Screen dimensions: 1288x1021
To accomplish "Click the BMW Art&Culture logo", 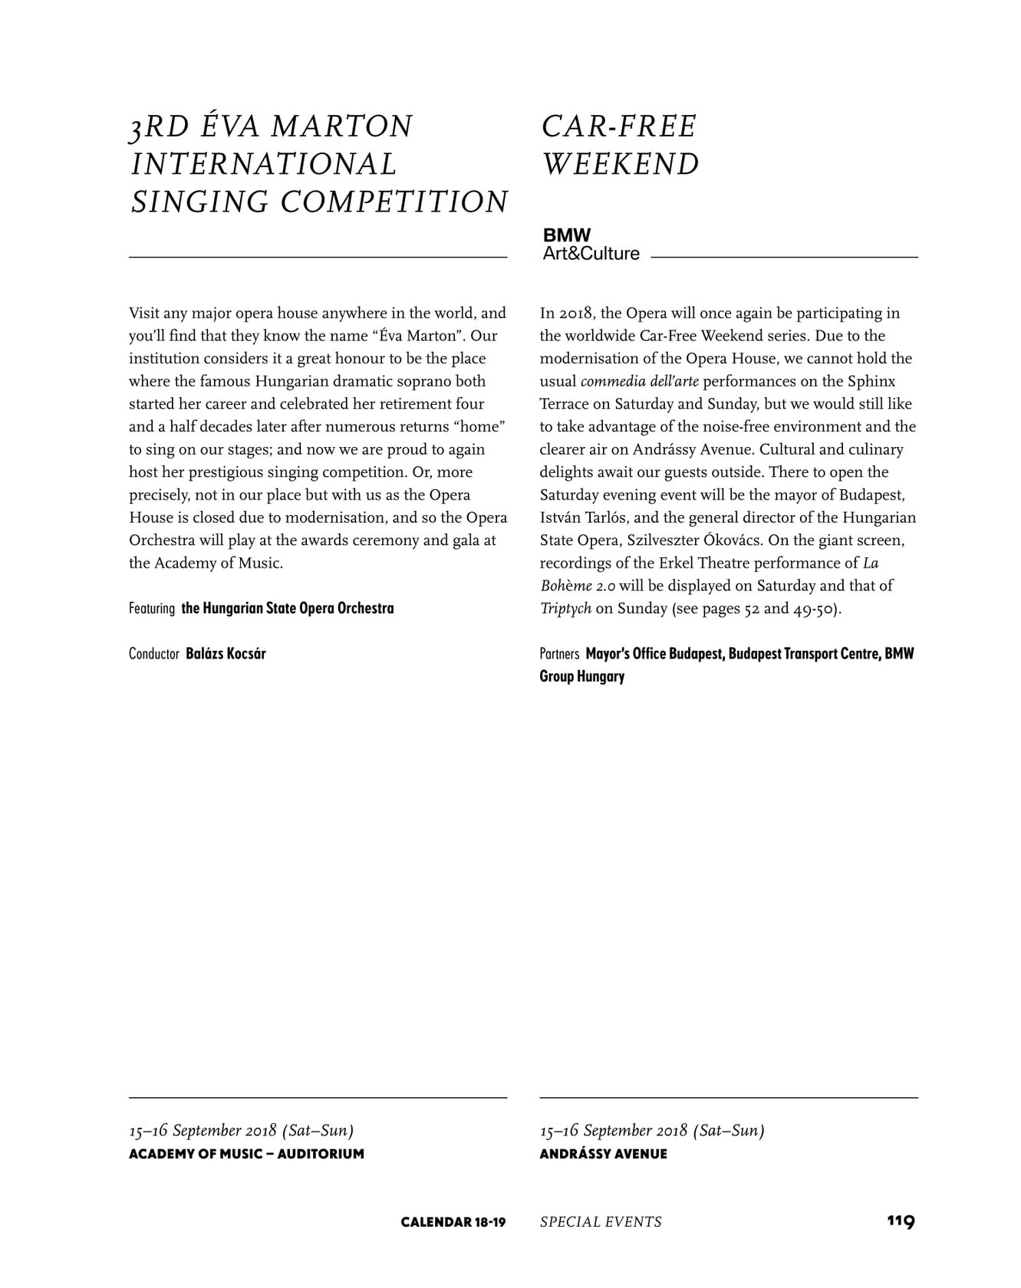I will tap(591, 245).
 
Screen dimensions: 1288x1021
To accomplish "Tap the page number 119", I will tap(901, 1221).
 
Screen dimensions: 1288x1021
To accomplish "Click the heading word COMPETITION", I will tap(394, 202).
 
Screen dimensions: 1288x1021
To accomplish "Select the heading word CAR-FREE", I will tap(619, 127).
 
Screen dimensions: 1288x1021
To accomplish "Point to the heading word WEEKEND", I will tap(621, 164).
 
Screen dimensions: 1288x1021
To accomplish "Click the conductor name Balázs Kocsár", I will tap(226, 654).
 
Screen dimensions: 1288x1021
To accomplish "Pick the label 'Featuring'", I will tap(152, 609).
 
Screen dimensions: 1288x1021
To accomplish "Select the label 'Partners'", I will tap(559, 654).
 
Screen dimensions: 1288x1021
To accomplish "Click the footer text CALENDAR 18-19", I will tap(453, 1221).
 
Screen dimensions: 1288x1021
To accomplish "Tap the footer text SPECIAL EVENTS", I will tap(601, 1221).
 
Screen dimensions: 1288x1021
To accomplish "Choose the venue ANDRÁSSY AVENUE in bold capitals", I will tap(603, 1154).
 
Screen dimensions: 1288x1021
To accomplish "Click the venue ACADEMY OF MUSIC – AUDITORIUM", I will tap(246, 1154).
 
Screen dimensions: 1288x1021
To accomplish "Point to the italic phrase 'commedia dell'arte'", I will tap(640, 382).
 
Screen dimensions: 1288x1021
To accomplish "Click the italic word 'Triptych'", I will tap(565, 609).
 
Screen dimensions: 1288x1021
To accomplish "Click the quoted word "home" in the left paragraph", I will tap(481, 427).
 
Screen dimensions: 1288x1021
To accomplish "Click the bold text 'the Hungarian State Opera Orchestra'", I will tap(288, 609).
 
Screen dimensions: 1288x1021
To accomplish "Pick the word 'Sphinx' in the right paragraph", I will tap(871, 382).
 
